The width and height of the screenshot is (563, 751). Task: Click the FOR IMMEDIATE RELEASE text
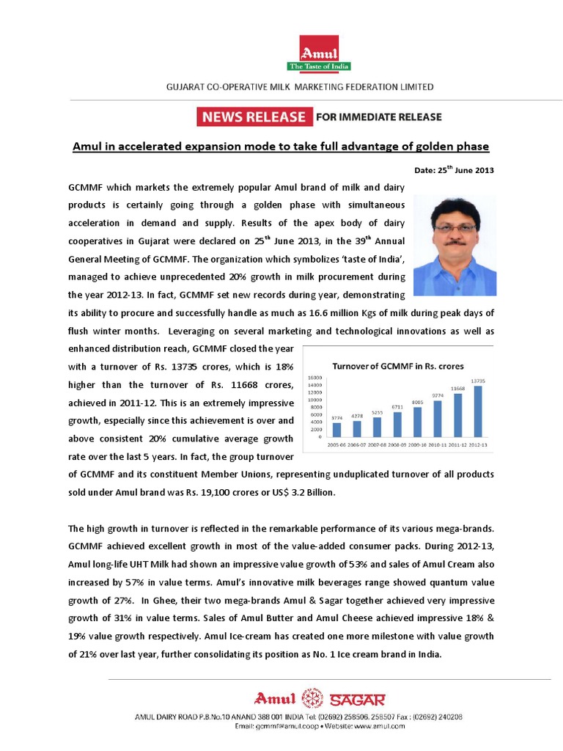click(379, 117)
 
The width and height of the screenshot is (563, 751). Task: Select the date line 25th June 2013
click(454, 170)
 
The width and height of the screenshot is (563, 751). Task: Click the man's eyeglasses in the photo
click(455, 228)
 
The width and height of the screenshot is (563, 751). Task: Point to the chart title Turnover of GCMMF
click(398, 364)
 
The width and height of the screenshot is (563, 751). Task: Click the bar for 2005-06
click(336, 428)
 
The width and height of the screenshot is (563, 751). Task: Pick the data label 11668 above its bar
click(458, 388)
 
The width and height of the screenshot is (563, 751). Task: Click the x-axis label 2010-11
click(438, 444)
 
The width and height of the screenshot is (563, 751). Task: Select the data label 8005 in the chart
click(417, 401)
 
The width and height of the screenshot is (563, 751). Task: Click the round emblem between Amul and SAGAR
click(312, 698)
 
